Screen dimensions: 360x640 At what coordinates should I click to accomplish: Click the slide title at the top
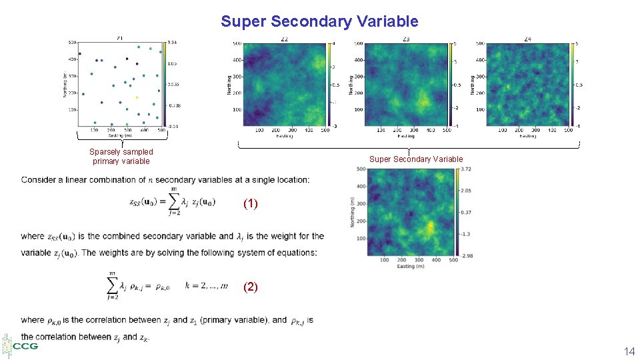click(319, 21)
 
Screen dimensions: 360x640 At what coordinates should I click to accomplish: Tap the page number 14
click(628, 351)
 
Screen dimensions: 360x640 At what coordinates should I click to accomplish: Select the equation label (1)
click(250, 204)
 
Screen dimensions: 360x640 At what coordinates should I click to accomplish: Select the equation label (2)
click(250, 287)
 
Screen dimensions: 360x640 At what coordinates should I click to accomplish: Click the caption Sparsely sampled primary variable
click(121, 156)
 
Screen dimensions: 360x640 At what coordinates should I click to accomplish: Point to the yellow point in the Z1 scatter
click(137, 97)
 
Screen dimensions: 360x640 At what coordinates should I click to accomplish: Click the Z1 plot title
click(120, 38)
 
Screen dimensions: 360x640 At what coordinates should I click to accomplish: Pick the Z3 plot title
click(406, 39)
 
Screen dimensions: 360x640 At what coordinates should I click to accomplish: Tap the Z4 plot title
click(528, 39)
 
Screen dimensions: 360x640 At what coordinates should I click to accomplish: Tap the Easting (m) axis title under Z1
click(120, 135)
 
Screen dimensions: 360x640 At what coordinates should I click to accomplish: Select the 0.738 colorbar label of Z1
click(174, 105)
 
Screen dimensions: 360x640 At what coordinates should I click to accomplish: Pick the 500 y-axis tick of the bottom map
click(360, 169)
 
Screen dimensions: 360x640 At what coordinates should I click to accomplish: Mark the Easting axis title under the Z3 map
click(406, 136)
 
